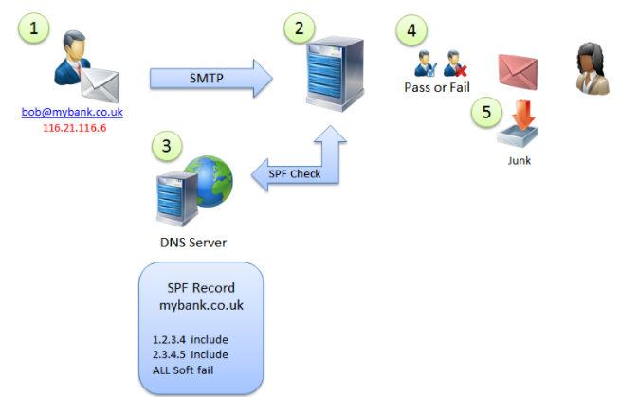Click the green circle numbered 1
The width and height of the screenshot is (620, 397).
click(36, 29)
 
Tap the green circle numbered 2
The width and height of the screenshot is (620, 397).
click(300, 28)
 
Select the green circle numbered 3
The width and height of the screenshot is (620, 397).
click(167, 146)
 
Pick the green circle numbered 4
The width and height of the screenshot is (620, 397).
click(410, 30)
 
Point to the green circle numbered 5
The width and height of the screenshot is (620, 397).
click(486, 113)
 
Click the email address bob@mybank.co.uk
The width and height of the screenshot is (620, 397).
click(73, 112)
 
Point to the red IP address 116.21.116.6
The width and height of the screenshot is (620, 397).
click(73, 126)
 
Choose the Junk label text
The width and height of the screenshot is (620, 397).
click(519, 160)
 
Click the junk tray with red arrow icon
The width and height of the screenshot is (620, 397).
click(520, 124)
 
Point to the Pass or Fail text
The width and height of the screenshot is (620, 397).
click(438, 87)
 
